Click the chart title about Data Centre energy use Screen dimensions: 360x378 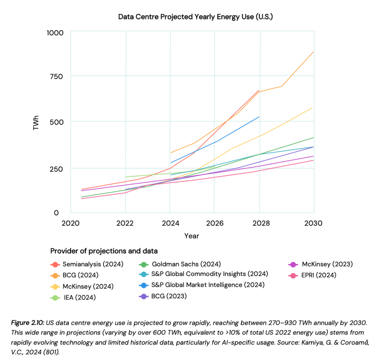[195, 17]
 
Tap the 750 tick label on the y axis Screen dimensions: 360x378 [56, 77]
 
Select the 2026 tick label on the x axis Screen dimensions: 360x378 [214, 223]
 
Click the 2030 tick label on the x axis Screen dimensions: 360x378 [313, 223]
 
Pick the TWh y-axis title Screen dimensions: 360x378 [36, 122]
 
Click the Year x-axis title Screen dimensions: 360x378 [192, 236]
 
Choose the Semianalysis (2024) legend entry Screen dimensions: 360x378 [93, 264]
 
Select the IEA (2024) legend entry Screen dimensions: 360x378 [79, 297]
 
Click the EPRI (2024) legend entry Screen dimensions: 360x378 [319, 275]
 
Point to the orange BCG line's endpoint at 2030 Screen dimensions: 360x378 [314, 52]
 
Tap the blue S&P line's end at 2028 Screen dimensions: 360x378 [259, 117]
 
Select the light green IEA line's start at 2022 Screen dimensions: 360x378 [126, 177]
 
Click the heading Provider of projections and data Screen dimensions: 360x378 [104, 251]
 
